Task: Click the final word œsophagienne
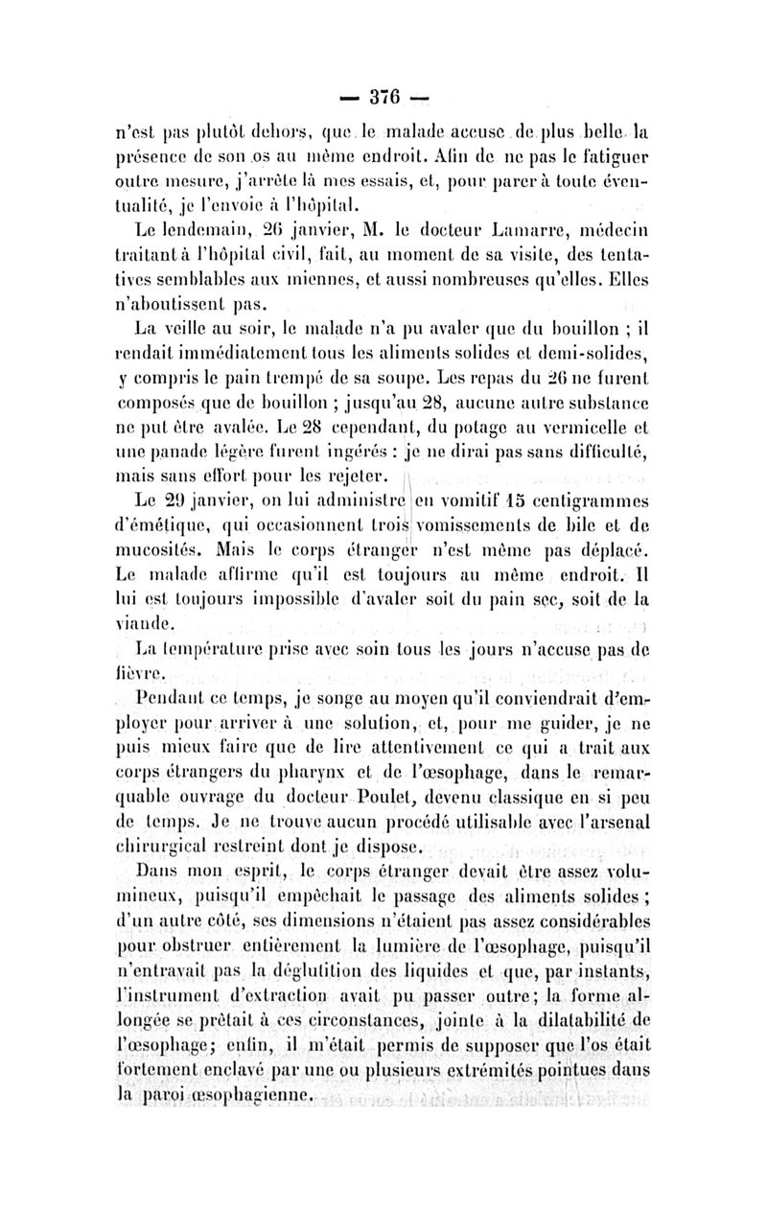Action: (255, 1093)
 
